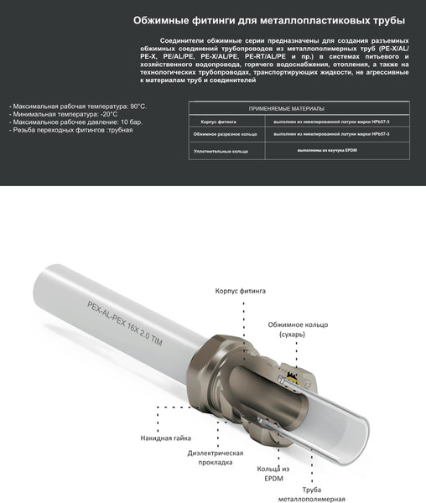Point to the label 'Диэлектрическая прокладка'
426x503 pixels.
(216, 458)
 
